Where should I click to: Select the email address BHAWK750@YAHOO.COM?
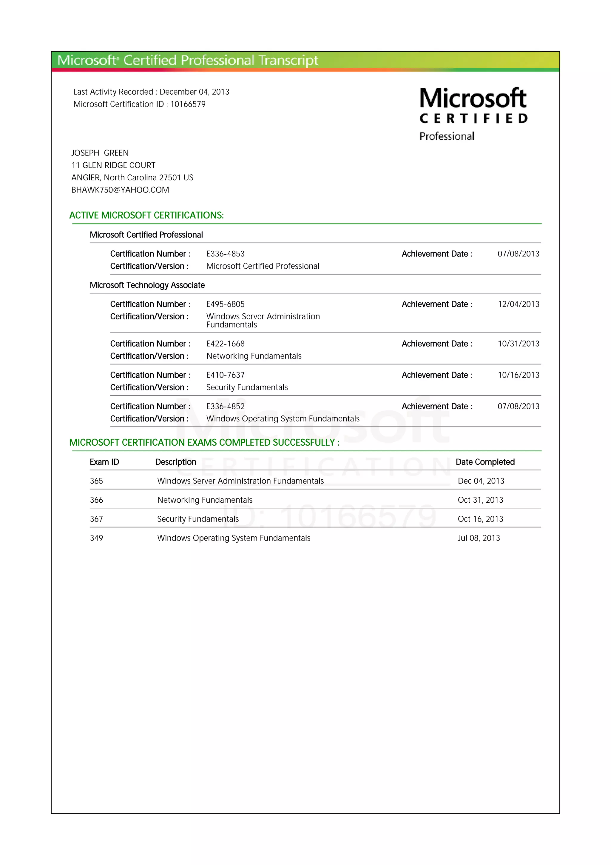coord(120,190)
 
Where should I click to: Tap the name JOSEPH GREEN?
coord(100,153)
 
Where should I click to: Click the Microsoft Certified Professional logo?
coord(473,114)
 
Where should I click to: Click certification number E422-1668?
coord(225,344)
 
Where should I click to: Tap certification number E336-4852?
coord(225,406)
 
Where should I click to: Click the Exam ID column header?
coord(104,462)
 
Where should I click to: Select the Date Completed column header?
coord(485,462)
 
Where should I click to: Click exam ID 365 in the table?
coord(96,481)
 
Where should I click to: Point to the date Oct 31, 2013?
coord(480,500)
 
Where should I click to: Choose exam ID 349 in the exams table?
coord(96,538)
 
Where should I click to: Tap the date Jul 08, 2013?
coord(479,538)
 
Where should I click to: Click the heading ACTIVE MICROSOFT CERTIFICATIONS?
coord(146,216)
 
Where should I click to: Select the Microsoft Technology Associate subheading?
coord(147,285)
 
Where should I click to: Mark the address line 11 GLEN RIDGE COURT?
coord(113,165)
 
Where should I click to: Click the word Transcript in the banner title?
coord(288,61)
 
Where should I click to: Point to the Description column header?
coord(175,462)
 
